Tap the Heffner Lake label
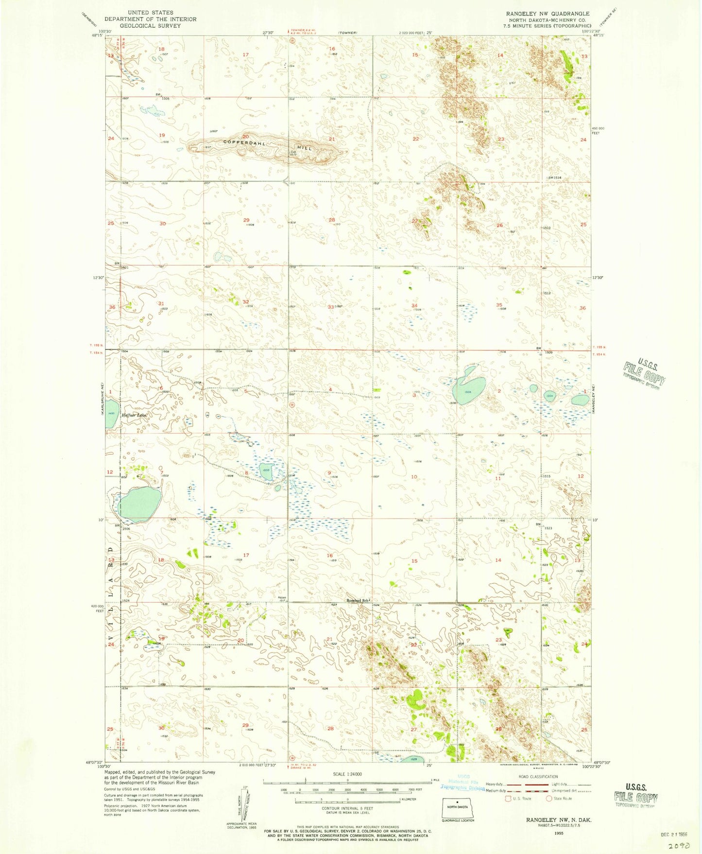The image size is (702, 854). tap(134, 416)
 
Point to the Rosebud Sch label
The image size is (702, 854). tap(358, 600)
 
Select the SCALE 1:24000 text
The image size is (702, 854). tap(346, 774)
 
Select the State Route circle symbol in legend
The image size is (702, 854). tap(549, 798)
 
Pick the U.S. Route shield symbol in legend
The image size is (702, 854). tap(508, 798)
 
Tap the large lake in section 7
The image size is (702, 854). tap(139, 503)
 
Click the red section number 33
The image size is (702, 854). tap(330, 307)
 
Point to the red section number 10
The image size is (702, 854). tap(414, 477)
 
